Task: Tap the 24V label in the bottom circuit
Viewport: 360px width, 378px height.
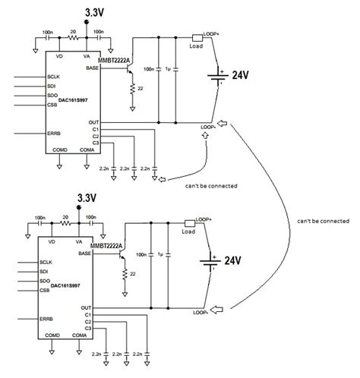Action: pos(233,260)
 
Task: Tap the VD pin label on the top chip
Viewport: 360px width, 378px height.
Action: pos(62,58)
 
